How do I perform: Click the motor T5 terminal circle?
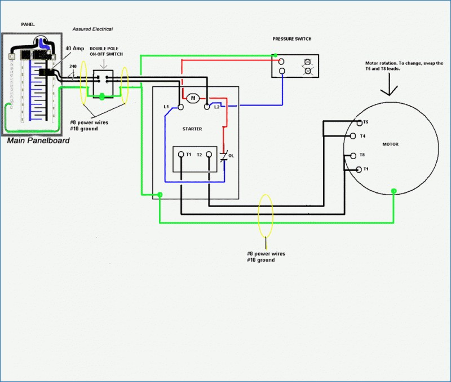pos(359,123)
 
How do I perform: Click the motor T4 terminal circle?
pos(353,136)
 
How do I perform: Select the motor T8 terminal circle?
pos(353,156)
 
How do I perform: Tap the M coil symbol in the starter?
pos(193,98)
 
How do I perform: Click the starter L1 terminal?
pos(180,107)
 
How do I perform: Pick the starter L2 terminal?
pos(206,107)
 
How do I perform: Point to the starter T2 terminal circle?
pos(209,155)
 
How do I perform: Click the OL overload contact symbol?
pos(224,156)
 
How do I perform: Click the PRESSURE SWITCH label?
pos(292,39)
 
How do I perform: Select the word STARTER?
pos(192,129)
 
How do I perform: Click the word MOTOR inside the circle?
pos(390,144)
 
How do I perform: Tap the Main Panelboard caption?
pos(38,140)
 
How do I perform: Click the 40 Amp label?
pos(75,49)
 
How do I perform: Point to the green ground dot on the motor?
pos(393,191)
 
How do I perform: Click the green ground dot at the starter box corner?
pos(160,195)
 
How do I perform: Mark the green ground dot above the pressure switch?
pos(276,55)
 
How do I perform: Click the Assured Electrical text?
pos(92,29)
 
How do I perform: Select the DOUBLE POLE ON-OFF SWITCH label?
pos(106,51)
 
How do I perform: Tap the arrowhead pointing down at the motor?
pos(389,92)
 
